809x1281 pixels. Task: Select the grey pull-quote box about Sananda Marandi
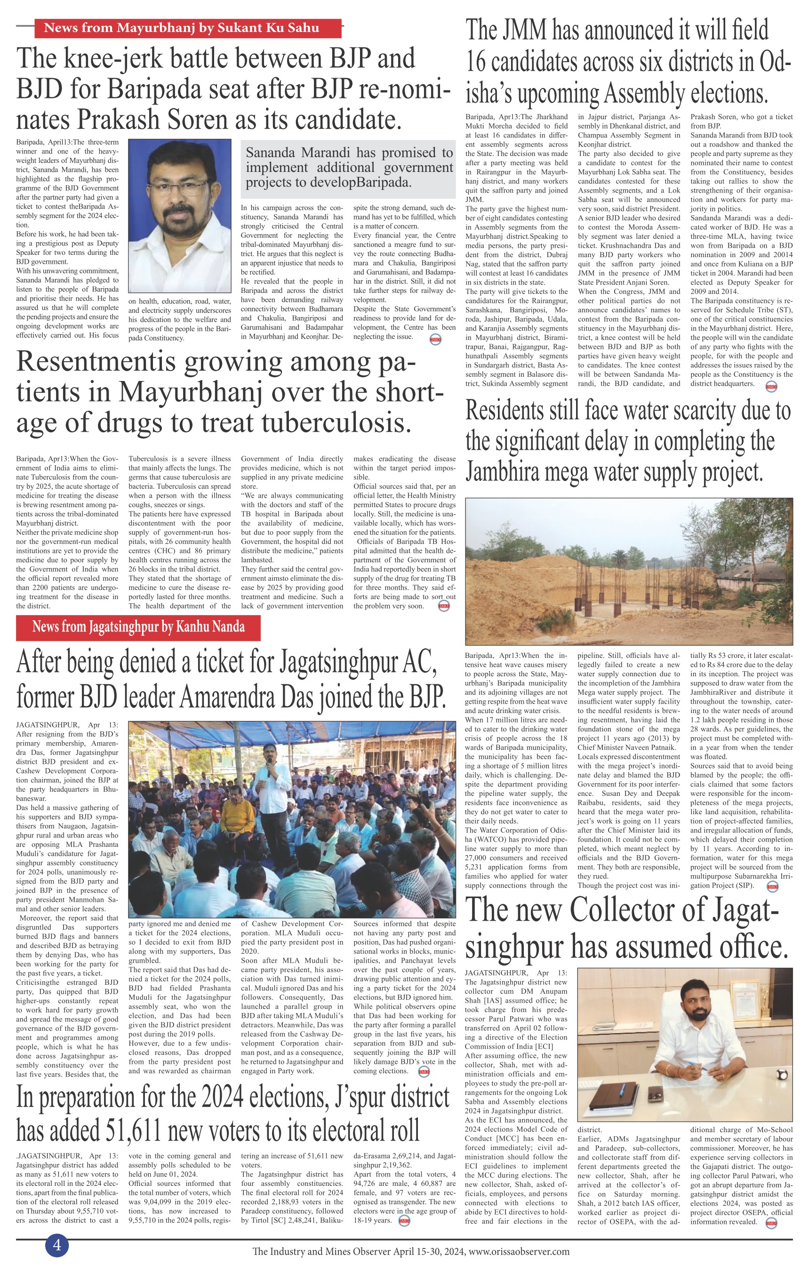pyautogui.click(x=348, y=168)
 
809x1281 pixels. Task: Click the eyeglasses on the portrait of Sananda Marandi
pyautogui.click(x=181, y=190)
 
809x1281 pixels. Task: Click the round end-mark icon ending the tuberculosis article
pyautogui.click(x=443, y=607)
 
